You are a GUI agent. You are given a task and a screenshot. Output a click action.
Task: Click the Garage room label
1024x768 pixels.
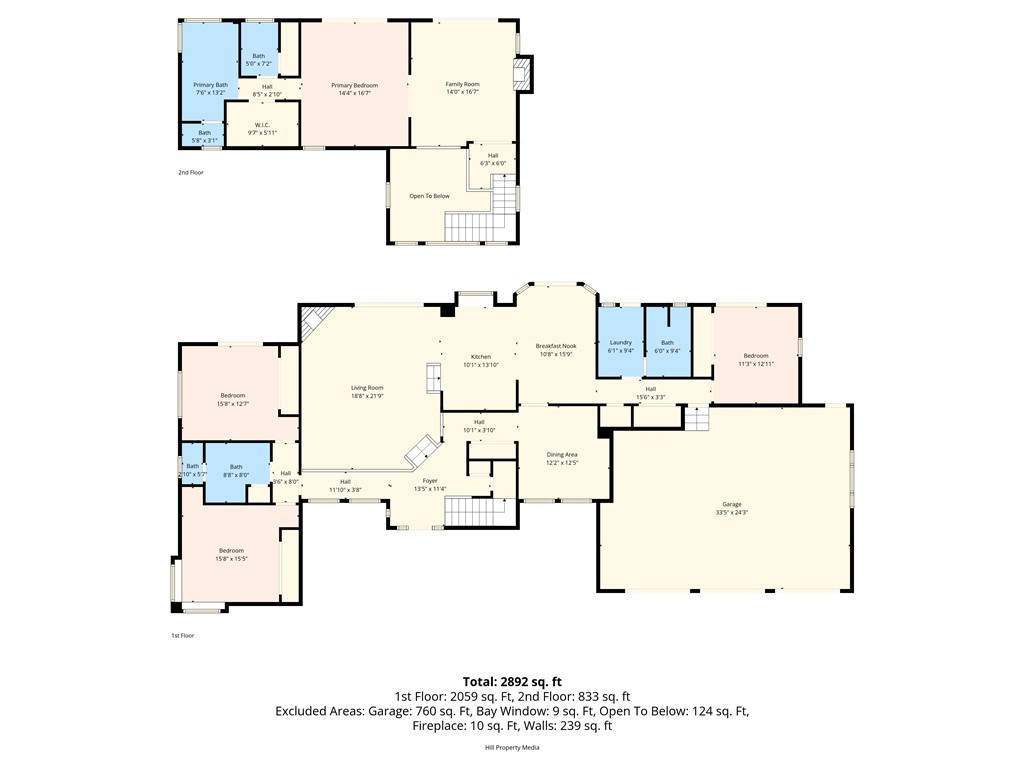click(732, 504)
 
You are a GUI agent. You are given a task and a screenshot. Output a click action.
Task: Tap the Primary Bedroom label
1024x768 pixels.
click(355, 85)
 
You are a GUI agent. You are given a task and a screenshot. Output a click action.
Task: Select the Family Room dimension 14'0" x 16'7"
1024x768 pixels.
click(462, 92)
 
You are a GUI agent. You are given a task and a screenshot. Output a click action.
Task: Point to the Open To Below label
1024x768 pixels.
click(429, 196)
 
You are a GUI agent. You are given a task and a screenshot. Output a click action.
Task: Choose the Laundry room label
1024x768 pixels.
click(620, 343)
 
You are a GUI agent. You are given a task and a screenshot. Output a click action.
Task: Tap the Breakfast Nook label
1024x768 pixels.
click(555, 346)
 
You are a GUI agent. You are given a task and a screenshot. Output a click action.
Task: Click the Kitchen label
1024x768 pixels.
click(480, 357)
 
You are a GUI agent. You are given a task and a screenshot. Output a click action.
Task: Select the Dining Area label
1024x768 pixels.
click(562, 454)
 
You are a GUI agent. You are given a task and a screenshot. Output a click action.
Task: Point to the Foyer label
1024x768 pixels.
click(430, 481)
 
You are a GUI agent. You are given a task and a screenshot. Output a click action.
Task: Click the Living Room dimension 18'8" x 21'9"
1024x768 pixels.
click(367, 396)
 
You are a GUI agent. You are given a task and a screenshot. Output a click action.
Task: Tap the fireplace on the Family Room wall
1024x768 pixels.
click(522, 75)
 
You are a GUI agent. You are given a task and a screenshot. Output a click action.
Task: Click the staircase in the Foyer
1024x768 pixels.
click(479, 512)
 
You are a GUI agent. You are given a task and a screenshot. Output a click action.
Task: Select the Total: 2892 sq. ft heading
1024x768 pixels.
click(512, 682)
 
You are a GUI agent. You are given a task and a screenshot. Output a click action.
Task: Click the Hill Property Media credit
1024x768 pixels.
click(512, 747)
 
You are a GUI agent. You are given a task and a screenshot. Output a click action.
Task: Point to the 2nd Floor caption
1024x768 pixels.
click(191, 172)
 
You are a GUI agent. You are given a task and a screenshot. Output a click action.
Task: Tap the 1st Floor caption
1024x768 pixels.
click(182, 635)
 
